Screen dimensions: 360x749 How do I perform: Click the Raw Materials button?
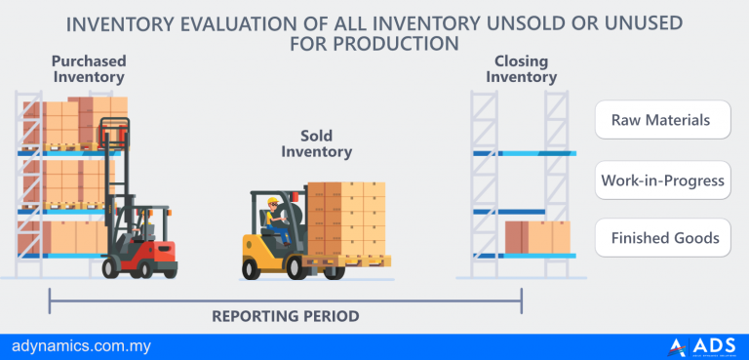(x=662, y=121)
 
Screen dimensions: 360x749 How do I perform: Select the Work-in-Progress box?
(x=662, y=180)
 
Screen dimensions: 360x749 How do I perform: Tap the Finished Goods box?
(x=662, y=237)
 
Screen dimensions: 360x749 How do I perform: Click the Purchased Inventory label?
(x=89, y=68)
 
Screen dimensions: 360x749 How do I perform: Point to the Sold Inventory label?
(x=316, y=143)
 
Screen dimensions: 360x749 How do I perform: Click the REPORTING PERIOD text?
(x=286, y=316)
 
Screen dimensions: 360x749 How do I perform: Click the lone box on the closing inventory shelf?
(x=537, y=236)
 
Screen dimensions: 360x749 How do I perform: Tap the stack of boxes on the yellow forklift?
(x=348, y=218)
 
